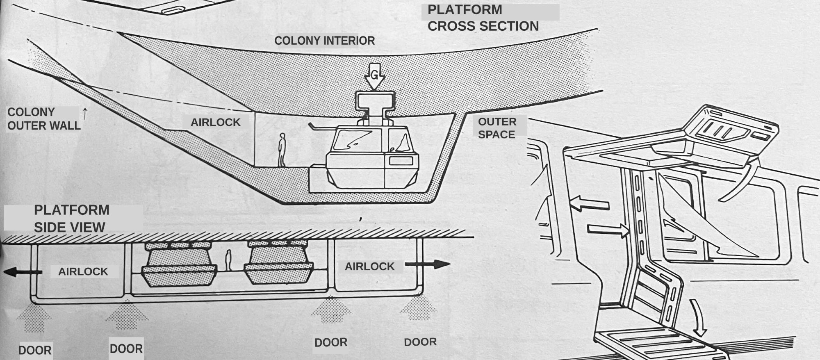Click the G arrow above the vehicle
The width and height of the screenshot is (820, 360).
[x=374, y=76]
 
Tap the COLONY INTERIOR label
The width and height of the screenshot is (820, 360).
[x=324, y=41]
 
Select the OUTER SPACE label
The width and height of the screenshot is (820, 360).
[x=497, y=128]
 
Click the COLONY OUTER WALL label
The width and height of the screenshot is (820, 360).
[x=43, y=119]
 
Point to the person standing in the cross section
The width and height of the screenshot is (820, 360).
[x=282, y=150]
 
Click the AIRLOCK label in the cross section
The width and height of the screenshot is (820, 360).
[x=216, y=122]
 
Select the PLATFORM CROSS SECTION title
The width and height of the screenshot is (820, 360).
[x=483, y=18]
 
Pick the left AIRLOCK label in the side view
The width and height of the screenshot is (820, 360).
[x=83, y=271]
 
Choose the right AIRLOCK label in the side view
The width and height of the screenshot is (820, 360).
[x=369, y=267]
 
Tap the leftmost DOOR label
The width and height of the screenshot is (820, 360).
[x=35, y=350]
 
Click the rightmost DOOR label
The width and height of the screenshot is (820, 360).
[x=420, y=342]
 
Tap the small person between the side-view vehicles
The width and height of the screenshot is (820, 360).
[x=228, y=260]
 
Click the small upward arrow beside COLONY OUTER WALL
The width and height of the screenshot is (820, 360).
[x=85, y=114]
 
